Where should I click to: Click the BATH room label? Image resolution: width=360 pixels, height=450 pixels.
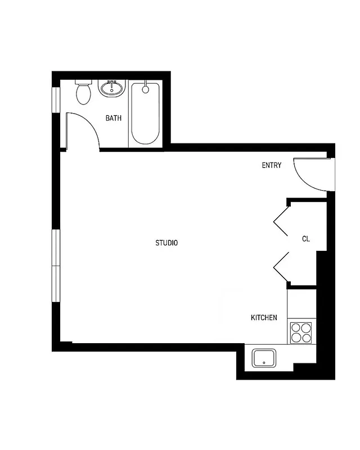click(114, 118)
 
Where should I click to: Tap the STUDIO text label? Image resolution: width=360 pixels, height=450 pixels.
click(166, 243)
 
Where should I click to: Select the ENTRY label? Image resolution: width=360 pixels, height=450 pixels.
click(272, 165)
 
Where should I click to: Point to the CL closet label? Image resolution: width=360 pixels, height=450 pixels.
click(306, 239)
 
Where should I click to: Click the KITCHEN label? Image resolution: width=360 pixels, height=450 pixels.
click(264, 318)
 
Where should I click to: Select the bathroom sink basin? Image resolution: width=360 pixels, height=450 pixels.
click(112, 88)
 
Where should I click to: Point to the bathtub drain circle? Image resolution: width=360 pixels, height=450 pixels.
click(146, 89)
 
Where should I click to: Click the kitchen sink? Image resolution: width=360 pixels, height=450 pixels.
click(264, 358)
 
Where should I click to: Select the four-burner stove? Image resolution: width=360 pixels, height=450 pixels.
click(300, 332)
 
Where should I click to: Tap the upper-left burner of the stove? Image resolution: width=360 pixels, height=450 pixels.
click(295, 327)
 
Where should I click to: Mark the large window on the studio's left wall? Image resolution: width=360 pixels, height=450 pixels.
click(56, 265)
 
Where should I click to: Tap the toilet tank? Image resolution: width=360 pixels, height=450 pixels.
click(83, 83)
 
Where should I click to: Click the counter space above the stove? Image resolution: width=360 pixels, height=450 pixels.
click(300, 304)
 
